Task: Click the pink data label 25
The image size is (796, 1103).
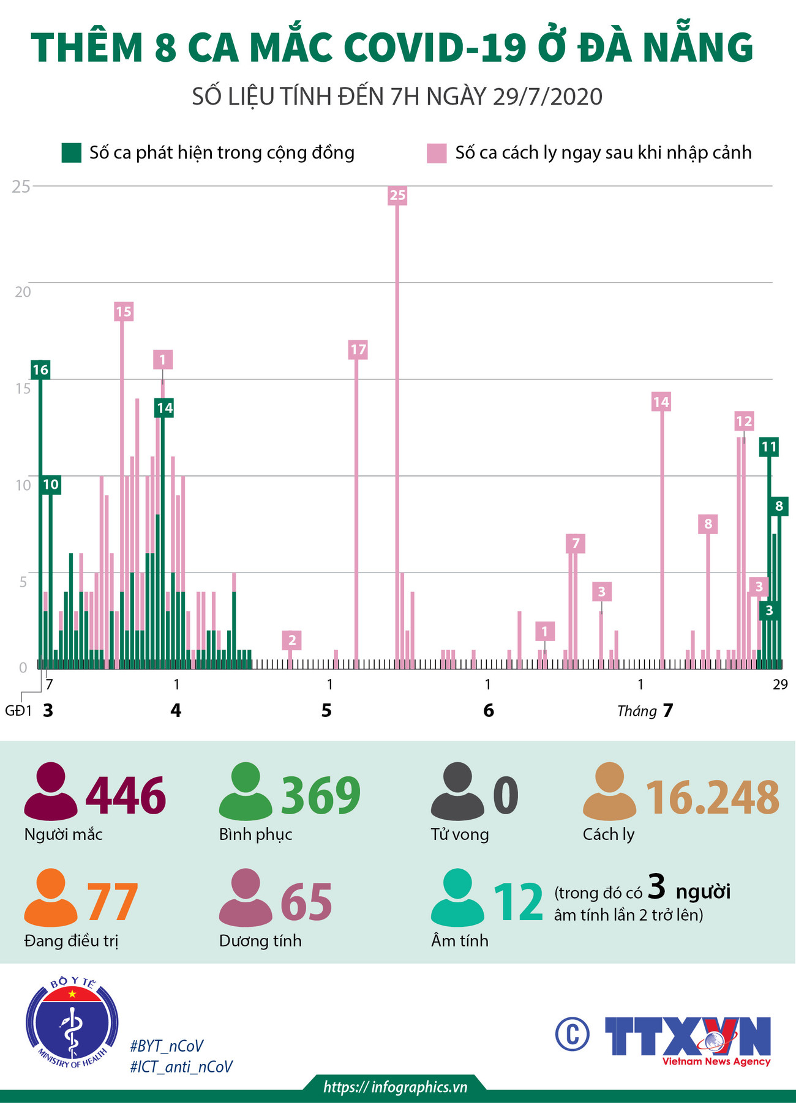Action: [x=397, y=195]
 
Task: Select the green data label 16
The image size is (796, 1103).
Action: [x=40, y=370]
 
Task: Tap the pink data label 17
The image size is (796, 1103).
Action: [x=358, y=350]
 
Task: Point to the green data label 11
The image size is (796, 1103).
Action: [x=768, y=447]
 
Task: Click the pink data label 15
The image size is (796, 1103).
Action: [x=123, y=311]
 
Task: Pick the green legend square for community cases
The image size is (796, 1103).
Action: [x=72, y=153]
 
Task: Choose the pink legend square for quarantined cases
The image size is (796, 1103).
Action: [x=437, y=153]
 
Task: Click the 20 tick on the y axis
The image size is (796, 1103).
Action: [x=23, y=292]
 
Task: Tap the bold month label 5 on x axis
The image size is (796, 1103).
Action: [x=326, y=710]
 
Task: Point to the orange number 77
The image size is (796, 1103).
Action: [x=113, y=902]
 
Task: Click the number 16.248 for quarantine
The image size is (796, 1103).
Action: [x=713, y=797]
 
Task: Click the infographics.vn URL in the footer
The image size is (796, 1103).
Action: [x=396, y=1086]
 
